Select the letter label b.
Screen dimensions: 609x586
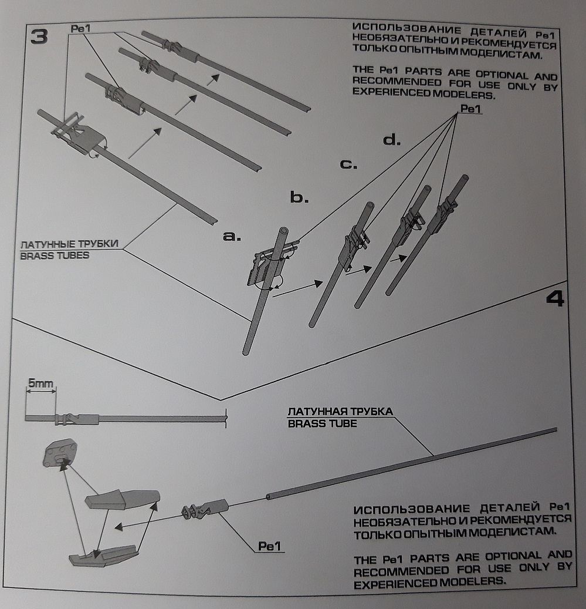click(299, 197)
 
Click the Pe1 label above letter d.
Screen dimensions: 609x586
click(470, 109)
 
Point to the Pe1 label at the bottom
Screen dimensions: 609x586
click(271, 546)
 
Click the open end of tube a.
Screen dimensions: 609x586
click(284, 231)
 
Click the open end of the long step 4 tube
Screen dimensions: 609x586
click(269, 497)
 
